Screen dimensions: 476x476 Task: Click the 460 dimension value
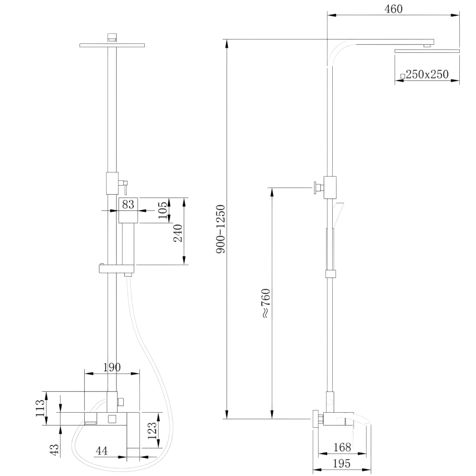[x=394, y=9]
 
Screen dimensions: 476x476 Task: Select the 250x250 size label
[x=427, y=74]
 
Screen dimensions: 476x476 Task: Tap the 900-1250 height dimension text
[x=221, y=229]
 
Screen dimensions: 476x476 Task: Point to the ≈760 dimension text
[x=266, y=303]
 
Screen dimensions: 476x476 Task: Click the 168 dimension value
[x=342, y=447]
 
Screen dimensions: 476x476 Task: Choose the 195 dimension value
[x=341, y=464]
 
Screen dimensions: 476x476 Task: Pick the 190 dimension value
[x=112, y=367]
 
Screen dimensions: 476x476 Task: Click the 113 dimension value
[x=40, y=408]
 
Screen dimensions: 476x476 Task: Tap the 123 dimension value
[x=152, y=430]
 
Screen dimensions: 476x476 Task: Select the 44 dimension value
[x=102, y=451]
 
